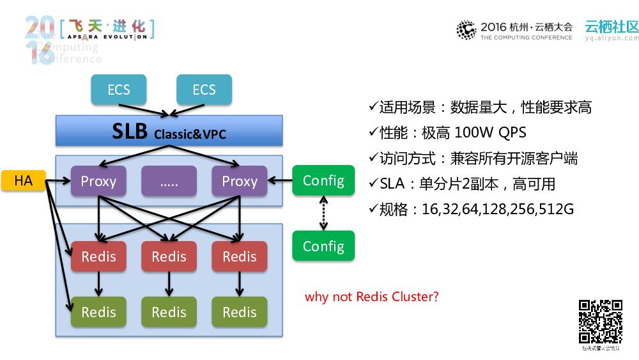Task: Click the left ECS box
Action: coord(118,90)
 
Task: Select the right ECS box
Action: coord(204,90)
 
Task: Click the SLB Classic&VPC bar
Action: coord(169,130)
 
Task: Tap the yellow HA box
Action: coord(24,181)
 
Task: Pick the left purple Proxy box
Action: coord(98,181)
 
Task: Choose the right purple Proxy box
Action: coord(240,181)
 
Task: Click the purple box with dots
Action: coord(169,181)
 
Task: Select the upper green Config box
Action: coord(323,180)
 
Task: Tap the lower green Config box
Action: coord(323,246)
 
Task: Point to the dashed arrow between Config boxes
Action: coord(323,213)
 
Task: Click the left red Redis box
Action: coord(98,256)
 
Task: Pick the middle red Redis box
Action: coord(169,256)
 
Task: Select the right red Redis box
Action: coord(240,256)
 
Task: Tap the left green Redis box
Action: coord(98,312)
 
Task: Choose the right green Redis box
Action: coord(240,312)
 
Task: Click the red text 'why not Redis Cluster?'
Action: coord(372,297)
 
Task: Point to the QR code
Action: coord(601,322)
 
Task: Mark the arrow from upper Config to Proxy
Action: coord(280,181)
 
